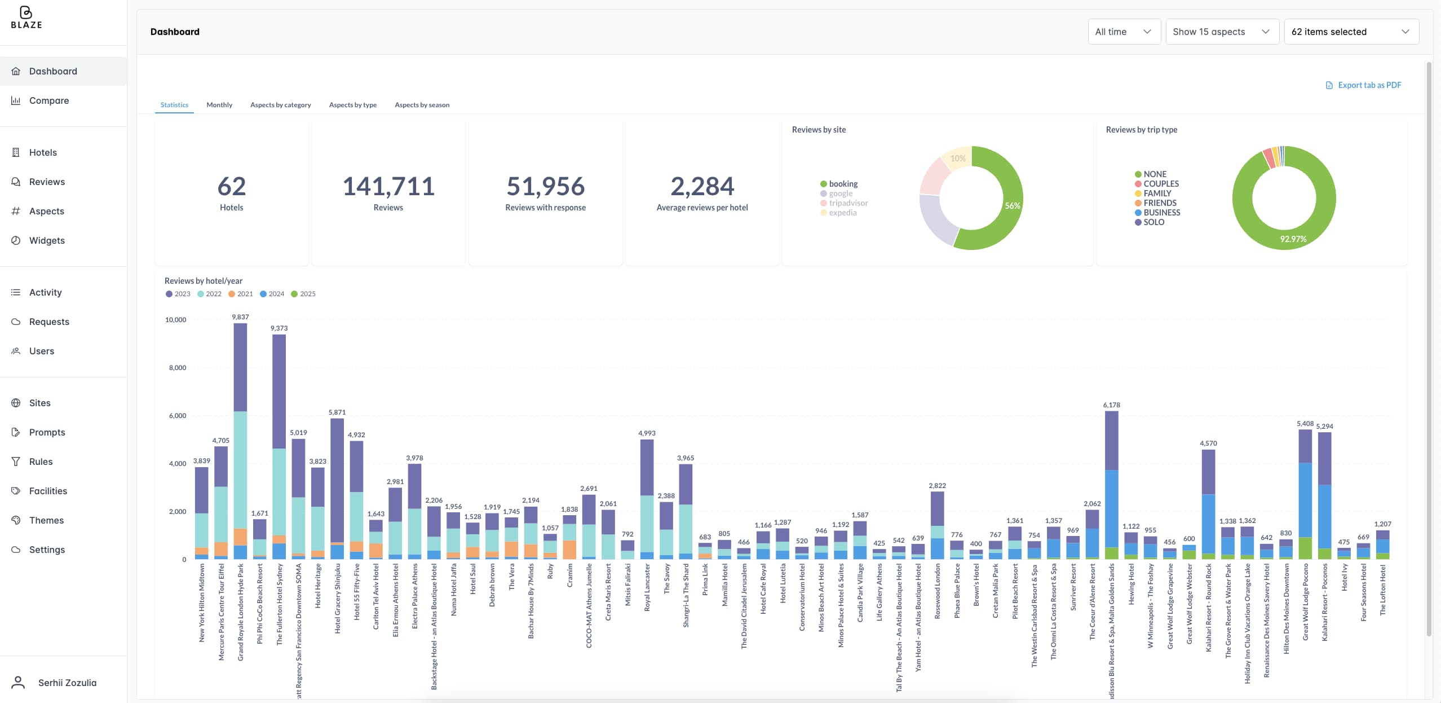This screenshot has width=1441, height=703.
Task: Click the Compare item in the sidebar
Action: pyautogui.click(x=48, y=100)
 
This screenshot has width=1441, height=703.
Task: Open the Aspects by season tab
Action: pyautogui.click(x=422, y=105)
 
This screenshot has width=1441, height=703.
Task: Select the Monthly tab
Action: pyautogui.click(x=219, y=105)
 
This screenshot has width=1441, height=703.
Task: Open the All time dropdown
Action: pyautogui.click(x=1123, y=32)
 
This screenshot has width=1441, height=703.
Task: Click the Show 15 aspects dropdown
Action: pyautogui.click(x=1221, y=32)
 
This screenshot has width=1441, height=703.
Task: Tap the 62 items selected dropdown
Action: pyautogui.click(x=1350, y=32)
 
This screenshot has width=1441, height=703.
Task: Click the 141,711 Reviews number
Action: pyautogui.click(x=388, y=186)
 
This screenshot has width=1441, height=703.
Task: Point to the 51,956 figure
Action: pyautogui.click(x=545, y=186)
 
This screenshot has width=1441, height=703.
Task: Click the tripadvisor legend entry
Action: pyautogui.click(x=848, y=203)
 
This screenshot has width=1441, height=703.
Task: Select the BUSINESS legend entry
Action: pyautogui.click(x=1161, y=213)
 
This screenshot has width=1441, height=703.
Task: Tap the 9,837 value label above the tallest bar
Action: pyautogui.click(x=240, y=317)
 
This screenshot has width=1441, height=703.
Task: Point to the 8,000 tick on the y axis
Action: pyautogui.click(x=178, y=368)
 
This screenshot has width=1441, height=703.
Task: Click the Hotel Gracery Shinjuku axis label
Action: pyautogui.click(x=338, y=598)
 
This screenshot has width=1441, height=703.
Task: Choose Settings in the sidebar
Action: pyautogui.click(x=47, y=550)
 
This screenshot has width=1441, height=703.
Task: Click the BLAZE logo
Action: pyautogui.click(x=26, y=18)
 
